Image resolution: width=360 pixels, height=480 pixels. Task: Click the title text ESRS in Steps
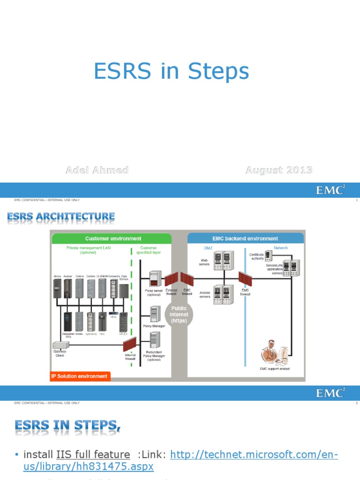pos(171,72)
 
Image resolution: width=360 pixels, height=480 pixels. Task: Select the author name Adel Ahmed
pos(97,170)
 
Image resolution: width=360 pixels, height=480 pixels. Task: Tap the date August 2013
pos(279,170)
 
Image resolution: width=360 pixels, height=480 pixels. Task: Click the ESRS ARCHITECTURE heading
pos(61,217)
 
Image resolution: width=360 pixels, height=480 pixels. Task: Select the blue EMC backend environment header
pos(246,238)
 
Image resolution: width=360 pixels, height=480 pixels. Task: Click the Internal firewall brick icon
pos(130,345)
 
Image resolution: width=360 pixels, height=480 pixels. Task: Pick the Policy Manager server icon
pos(156,314)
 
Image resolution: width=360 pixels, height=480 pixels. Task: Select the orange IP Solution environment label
pos(80,376)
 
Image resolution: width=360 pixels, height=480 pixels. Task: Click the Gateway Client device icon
pos(60,345)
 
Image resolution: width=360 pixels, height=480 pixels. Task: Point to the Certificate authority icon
pos(268,255)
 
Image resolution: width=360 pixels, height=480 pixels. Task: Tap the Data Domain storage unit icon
pos(123,291)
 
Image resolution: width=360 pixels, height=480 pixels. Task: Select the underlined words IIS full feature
pos(93,455)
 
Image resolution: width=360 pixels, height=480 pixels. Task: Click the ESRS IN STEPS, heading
pos(67,426)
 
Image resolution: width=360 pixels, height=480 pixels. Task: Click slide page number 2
pos(357,403)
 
